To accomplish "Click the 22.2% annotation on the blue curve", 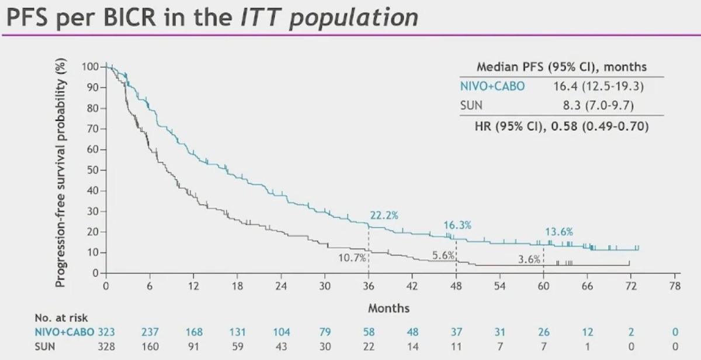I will (x=384, y=216).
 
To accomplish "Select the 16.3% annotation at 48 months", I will (x=457, y=225).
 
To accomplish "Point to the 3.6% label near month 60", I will (x=529, y=259).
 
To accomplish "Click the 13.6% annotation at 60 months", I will (x=559, y=231).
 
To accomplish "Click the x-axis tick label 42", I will (x=412, y=286).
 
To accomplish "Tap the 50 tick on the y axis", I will (x=91, y=170).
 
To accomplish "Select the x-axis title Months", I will (x=388, y=307).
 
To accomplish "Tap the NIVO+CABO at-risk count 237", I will (x=150, y=332).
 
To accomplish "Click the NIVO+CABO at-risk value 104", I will (x=281, y=332).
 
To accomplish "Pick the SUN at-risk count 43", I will (x=281, y=346).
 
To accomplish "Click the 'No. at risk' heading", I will (x=61, y=319).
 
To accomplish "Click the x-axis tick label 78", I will (x=675, y=286).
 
